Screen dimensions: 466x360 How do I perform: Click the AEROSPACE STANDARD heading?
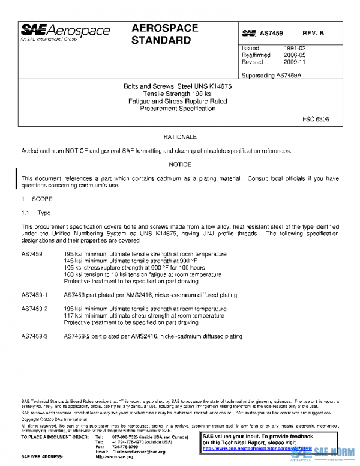(161, 35)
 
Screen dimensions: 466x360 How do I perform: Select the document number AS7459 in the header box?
(271, 34)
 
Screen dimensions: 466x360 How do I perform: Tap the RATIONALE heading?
(180, 138)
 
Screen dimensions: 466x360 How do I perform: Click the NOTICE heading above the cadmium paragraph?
(180, 165)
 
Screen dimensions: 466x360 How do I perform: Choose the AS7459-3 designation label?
(34, 336)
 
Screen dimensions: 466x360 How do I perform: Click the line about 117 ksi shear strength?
(144, 315)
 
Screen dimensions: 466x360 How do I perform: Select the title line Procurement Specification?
(178, 109)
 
